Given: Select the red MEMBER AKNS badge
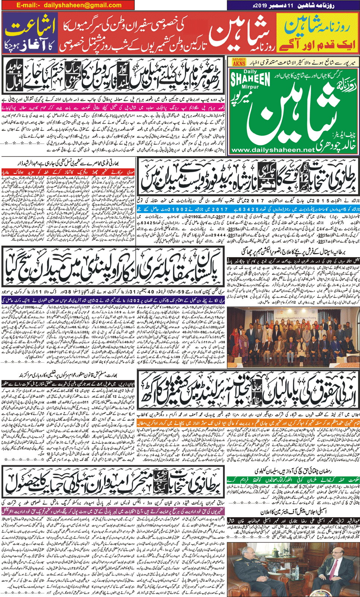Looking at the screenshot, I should tap(239, 62).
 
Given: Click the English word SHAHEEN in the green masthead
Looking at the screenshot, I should tap(250, 79).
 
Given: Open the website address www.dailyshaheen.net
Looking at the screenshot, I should tap(273, 150).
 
